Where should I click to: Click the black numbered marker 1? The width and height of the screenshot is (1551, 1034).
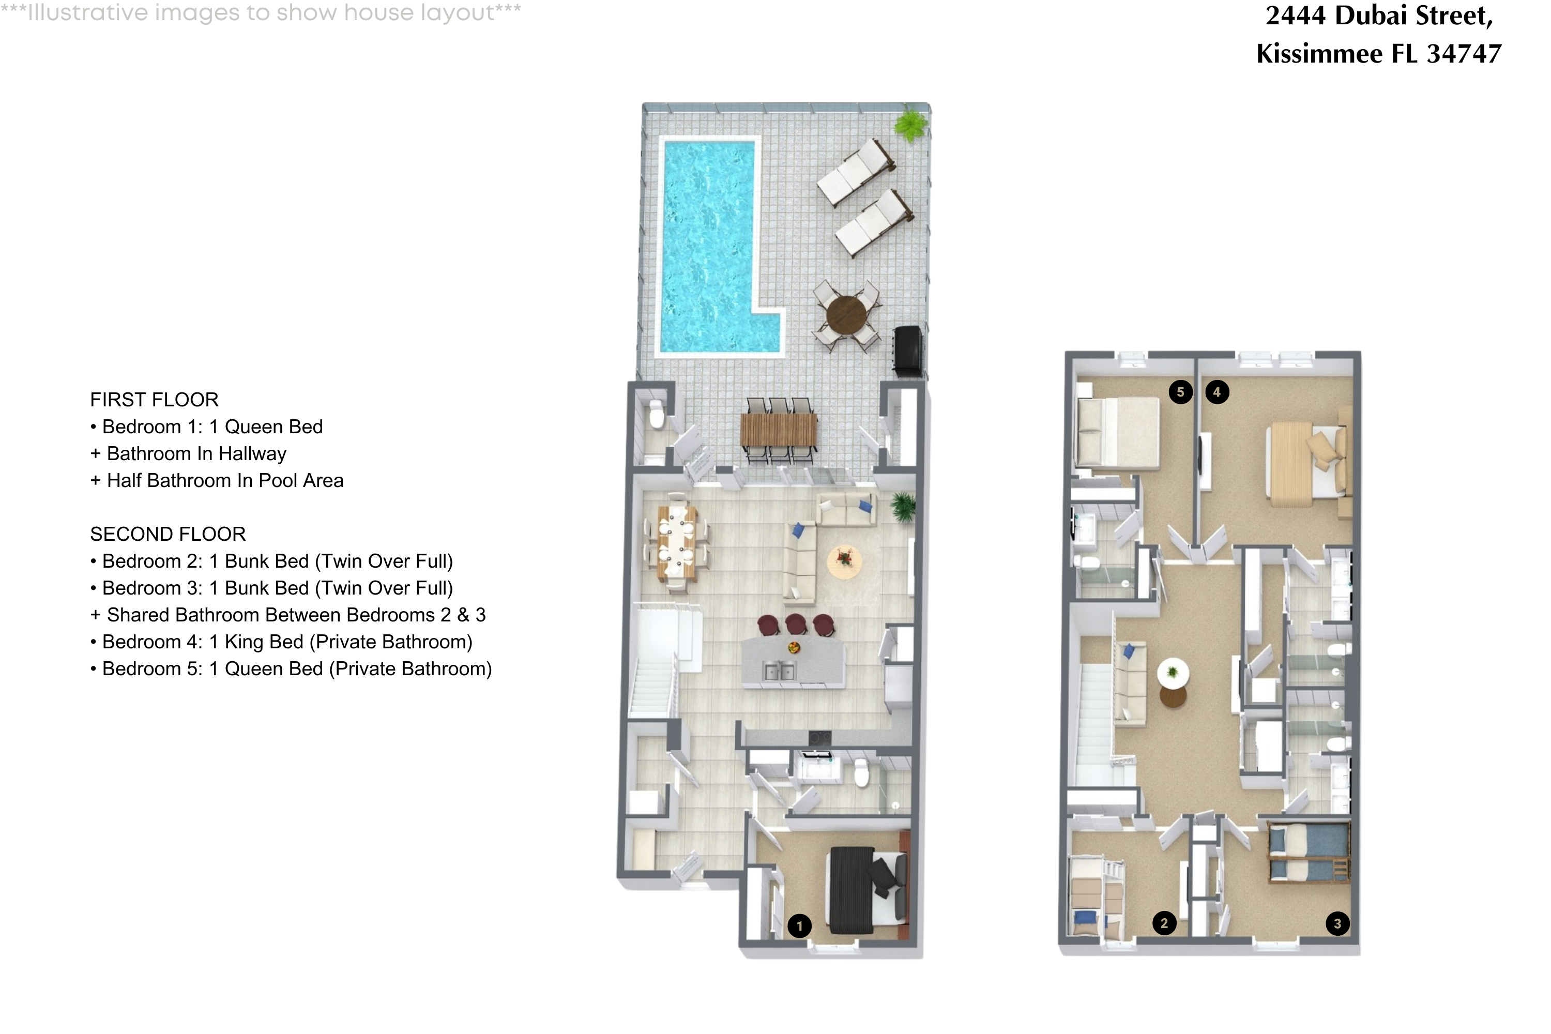coord(799,926)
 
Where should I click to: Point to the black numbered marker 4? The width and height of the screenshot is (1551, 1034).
coord(1217,392)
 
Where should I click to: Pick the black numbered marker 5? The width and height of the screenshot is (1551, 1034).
coord(1180,392)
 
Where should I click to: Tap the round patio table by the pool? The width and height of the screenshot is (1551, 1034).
coord(847,314)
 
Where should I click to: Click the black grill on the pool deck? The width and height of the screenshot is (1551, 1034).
coord(908,351)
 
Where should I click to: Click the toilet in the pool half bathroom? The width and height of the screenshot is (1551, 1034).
coord(656,416)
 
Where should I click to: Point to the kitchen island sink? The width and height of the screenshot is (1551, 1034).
coord(779,671)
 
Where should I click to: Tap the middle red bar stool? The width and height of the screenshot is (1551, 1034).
coord(796,623)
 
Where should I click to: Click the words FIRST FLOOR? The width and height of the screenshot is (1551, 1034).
coord(154,400)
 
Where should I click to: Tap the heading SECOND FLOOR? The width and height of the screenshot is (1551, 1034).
coord(168,534)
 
